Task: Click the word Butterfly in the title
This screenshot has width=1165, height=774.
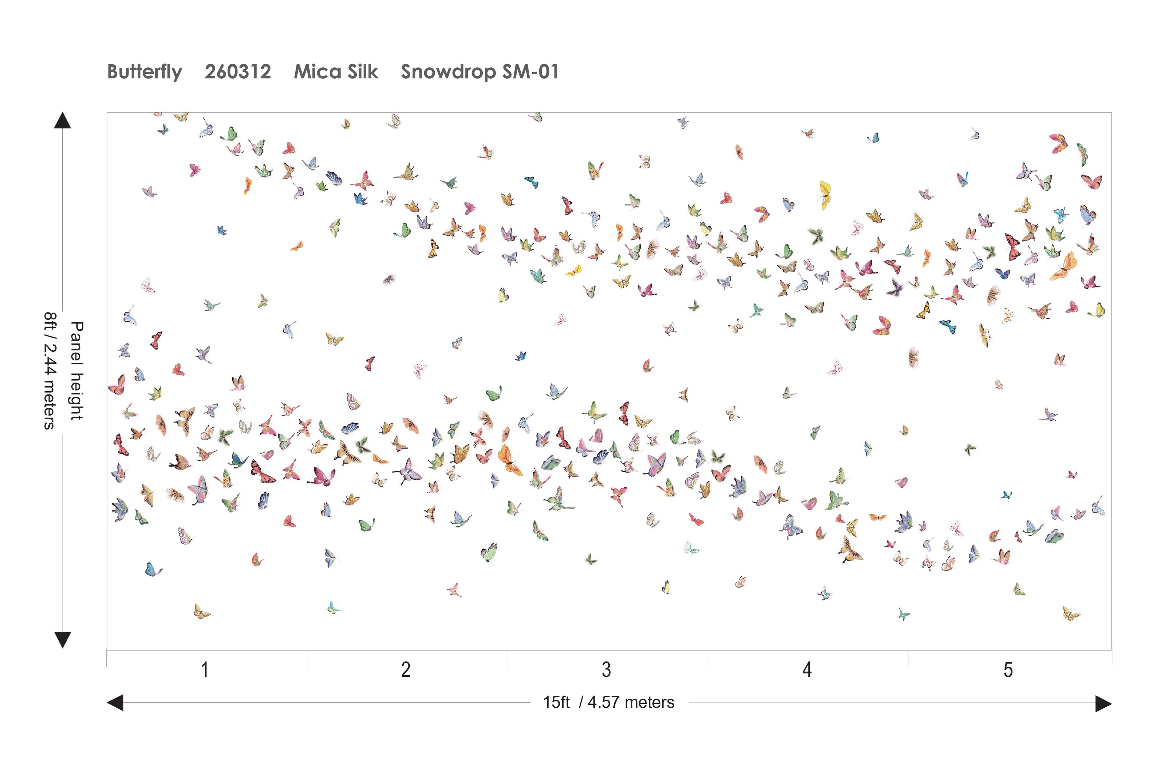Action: pyautogui.click(x=145, y=72)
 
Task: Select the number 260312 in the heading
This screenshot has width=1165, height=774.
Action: pyautogui.click(x=238, y=72)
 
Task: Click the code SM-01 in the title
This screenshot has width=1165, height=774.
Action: pyautogui.click(x=531, y=72)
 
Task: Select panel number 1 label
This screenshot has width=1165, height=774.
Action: pyautogui.click(x=205, y=670)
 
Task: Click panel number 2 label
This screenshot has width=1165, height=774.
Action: pyautogui.click(x=406, y=670)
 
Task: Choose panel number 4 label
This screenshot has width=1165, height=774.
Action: pyautogui.click(x=807, y=670)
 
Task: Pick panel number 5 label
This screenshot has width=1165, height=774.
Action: pyautogui.click(x=1008, y=670)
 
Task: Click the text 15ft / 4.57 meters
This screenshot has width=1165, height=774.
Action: pyautogui.click(x=608, y=702)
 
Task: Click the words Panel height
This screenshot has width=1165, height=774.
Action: pyautogui.click(x=76, y=370)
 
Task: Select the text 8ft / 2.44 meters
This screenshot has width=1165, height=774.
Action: pyautogui.click(x=50, y=370)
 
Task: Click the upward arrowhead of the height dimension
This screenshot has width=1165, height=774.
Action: pyautogui.click(x=62, y=121)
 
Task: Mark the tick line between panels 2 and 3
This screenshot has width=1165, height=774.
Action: pyautogui.click(x=508, y=658)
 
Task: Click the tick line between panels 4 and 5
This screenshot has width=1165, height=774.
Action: pyautogui.click(x=909, y=658)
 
